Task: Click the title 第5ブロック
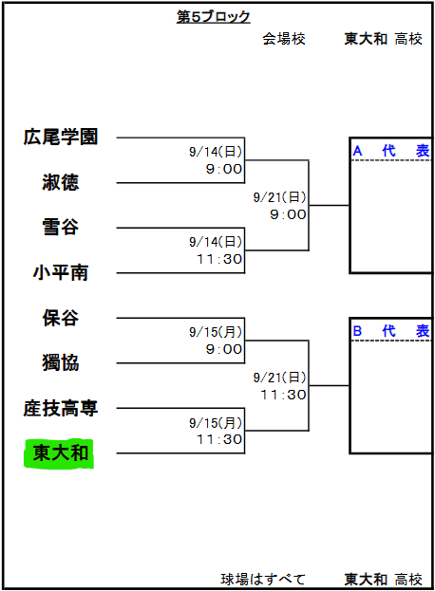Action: [213, 16]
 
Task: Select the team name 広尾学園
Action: [61, 137]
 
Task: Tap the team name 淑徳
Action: [61, 182]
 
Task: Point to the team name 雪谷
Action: [61, 228]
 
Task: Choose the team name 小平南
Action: [61, 272]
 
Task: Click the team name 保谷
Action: [61, 318]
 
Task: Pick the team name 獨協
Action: [61, 362]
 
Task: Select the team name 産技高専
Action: [61, 408]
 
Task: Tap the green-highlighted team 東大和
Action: [61, 453]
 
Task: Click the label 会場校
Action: [284, 39]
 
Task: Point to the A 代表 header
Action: [391, 151]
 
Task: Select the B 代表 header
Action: [391, 331]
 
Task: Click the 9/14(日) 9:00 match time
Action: [216, 160]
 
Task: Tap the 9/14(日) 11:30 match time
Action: [216, 250]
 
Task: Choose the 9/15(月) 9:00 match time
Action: [216, 341]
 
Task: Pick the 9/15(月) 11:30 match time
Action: [216, 431]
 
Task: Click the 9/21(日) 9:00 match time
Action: [279, 206]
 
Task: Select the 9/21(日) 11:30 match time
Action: [279, 386]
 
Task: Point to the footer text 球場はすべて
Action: [263, 579]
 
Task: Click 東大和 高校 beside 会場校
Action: [383, 39]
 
